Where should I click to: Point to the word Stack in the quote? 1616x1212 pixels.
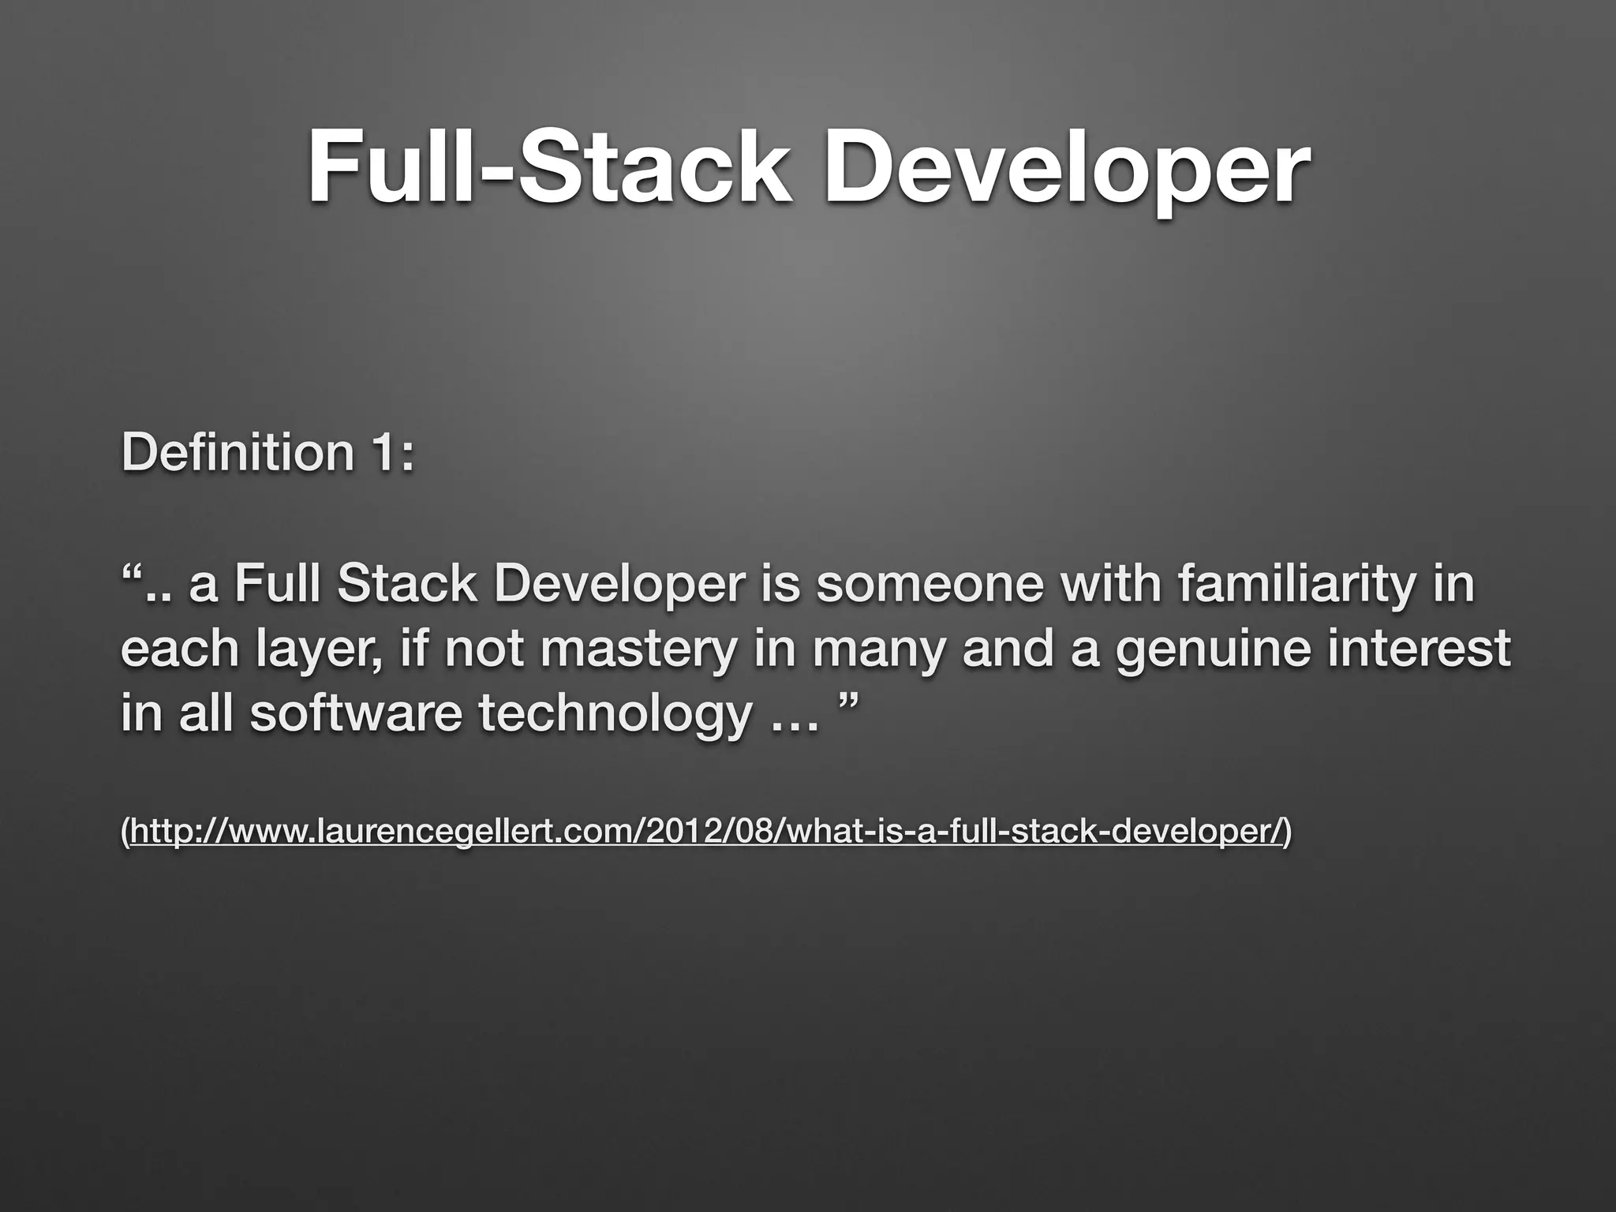406,585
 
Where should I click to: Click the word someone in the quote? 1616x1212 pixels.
929,585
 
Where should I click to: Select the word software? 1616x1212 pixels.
355,714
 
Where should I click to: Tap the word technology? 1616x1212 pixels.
615,714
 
